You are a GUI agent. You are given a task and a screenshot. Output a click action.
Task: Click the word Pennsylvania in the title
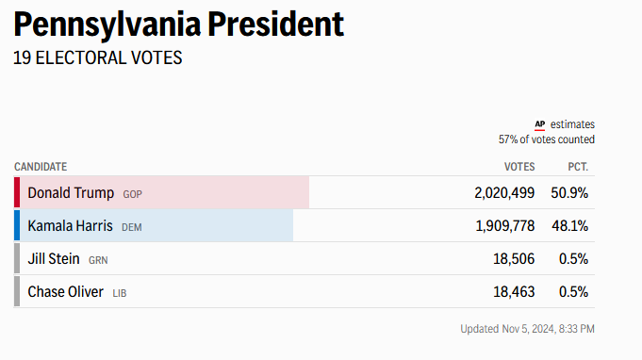tap(107, 25)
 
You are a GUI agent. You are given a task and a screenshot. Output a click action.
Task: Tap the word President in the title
tap(275, 24)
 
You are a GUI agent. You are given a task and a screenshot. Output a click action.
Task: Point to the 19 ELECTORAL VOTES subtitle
tap(98, 57)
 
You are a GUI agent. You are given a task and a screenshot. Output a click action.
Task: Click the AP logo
tap(539, 124)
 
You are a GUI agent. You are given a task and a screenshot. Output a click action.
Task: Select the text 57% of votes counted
tap(546, 139)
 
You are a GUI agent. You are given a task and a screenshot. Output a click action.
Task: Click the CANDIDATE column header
tap(41, 167)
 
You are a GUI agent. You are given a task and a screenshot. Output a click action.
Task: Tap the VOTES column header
tap(519, 167)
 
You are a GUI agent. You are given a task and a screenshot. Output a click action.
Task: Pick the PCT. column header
tap(578, 167)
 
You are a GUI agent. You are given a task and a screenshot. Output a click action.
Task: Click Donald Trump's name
tap(71, 192)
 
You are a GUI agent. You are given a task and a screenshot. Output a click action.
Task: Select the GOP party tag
tap(132, 194)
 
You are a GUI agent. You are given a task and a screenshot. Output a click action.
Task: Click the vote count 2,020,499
tap(504, 192)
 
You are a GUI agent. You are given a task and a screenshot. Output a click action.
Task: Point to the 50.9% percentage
tap(569, 192)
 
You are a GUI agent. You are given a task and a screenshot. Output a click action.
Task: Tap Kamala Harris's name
tap(70, 226)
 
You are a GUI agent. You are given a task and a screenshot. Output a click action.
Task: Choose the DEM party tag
tap(131, 227)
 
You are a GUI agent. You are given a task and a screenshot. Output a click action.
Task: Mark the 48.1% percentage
tap(570, 226)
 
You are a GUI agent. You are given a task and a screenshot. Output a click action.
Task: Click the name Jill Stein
tap(54, 259)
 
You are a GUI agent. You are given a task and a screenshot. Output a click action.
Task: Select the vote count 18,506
tap(514, 259)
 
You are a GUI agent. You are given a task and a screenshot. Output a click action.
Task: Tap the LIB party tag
tap(120, 293)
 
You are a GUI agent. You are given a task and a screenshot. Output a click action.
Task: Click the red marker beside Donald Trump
tap(17, 192)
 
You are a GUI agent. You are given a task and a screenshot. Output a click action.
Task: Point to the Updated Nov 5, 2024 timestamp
tap(527, 329)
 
